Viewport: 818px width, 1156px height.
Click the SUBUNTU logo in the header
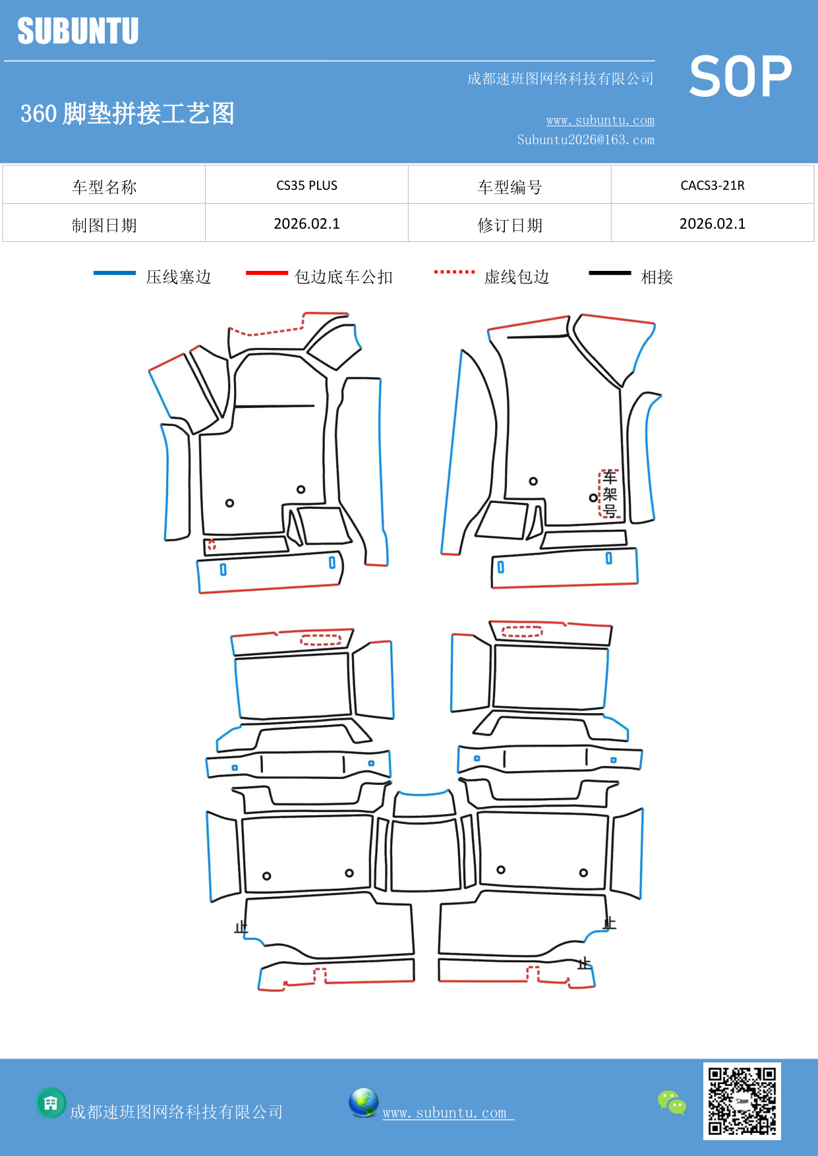78,31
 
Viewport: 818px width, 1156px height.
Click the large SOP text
740,76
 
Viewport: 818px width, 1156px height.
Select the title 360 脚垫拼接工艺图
127,113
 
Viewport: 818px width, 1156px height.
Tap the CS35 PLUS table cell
307,185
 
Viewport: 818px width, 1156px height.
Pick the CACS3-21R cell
712,185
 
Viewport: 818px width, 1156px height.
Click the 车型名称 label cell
104,187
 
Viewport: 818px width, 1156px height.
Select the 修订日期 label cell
510,225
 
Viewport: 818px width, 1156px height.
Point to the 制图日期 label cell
104,225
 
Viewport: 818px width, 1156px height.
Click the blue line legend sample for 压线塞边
115,273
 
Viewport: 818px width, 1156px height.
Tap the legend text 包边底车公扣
343,277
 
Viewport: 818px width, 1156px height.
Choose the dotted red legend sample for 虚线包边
454,272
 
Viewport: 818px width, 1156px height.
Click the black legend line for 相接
610,273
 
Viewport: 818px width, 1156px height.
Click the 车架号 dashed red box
610,494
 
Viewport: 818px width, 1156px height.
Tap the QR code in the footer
742,1101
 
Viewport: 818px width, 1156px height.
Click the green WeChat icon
672,1102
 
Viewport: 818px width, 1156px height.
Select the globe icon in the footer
363,1103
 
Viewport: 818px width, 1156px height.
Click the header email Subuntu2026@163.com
585,140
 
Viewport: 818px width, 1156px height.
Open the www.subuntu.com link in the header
600,120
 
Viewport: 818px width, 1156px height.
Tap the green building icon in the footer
51,1103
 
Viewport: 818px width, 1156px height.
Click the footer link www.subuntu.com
445,1113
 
